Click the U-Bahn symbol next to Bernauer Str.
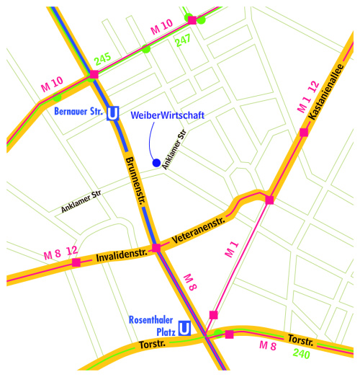click(x=112, y=114)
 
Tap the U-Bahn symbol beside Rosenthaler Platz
click(x=184, y=329)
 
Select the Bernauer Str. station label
click(x=78, y=112)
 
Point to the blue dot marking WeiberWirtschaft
click(x=156, y=163)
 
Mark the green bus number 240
click(x=301, y=354)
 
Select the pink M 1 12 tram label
click(x=307, y=97)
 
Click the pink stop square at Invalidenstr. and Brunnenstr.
click(x=156, y=248)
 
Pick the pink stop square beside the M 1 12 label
click(x=304, y=132)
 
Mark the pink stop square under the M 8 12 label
click(x=76, y=262)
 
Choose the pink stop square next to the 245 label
click(x=94, y=74)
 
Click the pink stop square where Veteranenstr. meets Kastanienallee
click(x=269, y=200)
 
